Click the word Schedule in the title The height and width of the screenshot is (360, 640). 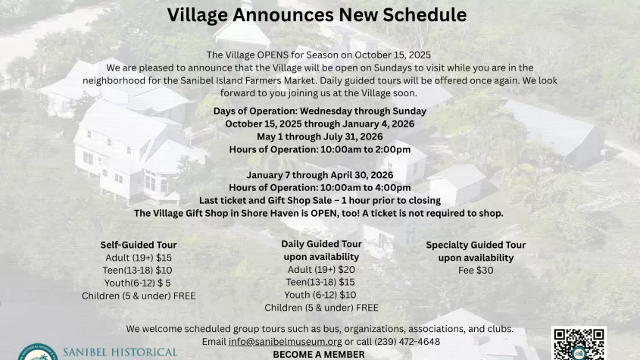coord(424,15)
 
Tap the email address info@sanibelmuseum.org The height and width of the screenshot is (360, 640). coord(285,342)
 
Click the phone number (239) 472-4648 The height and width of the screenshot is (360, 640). coord(407,342)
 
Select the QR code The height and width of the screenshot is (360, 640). coord(579,343)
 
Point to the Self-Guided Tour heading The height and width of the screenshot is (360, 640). coord(139,245)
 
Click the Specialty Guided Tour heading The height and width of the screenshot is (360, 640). coord(476,245)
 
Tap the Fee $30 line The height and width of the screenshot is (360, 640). coord(476,270)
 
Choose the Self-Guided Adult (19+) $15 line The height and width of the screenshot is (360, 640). coord(139,258)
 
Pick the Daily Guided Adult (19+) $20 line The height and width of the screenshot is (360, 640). coord(321,269)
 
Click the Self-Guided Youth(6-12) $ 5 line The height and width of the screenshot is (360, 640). coord(138,283)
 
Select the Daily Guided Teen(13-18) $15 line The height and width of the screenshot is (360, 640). coord(320,282)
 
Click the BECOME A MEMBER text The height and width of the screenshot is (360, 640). coord(319,354)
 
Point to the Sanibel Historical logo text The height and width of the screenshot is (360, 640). coord(120,352)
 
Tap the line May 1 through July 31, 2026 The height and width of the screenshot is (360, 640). coord(320,136)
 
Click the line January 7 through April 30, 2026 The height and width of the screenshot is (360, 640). coord(320,175)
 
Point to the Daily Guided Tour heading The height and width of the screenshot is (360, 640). coord(321,244)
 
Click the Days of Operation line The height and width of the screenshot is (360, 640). coord(320,111)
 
